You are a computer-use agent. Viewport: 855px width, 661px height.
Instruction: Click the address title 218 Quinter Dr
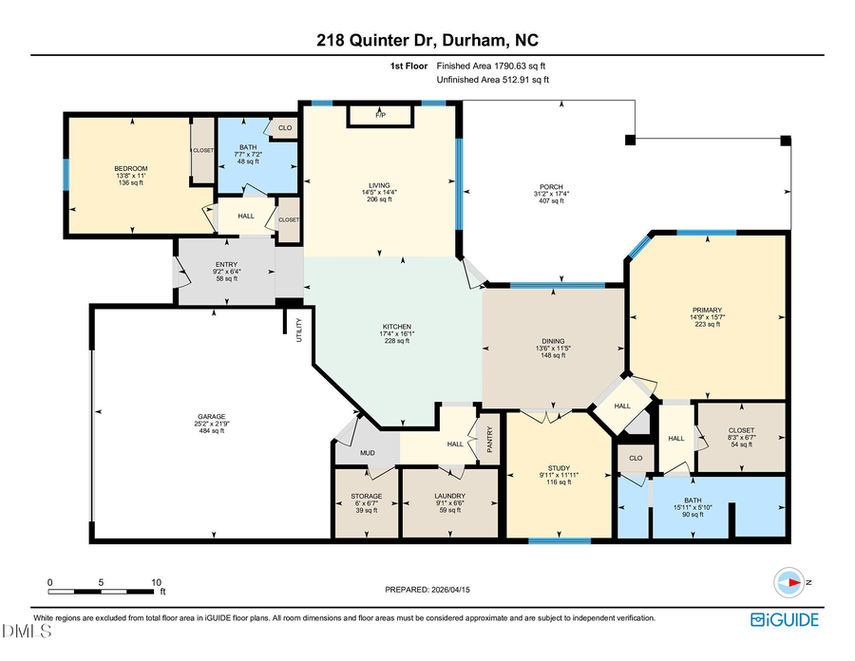pos(427,41)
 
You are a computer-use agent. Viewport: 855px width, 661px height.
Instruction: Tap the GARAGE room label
pos(211,416)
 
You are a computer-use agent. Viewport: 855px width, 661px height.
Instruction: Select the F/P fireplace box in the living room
pos(380,115)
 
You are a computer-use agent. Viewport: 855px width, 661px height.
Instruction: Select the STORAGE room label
pos(367,496)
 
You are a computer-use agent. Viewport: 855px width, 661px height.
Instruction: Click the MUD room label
pos(367,453)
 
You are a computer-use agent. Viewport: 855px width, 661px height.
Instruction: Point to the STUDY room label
pos(560,467)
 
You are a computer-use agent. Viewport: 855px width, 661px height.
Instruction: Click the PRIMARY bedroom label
pos(707,310)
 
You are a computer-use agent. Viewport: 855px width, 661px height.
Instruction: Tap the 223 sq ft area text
pos(707,325)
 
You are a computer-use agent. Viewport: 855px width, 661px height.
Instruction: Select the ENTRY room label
pos(226,265)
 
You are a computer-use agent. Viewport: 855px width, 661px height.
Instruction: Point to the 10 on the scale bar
pos(156,582)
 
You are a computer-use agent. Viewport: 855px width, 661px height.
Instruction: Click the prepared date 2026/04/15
pos(427,590)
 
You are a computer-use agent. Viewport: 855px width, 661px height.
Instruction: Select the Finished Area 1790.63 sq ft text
pos(491,66)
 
